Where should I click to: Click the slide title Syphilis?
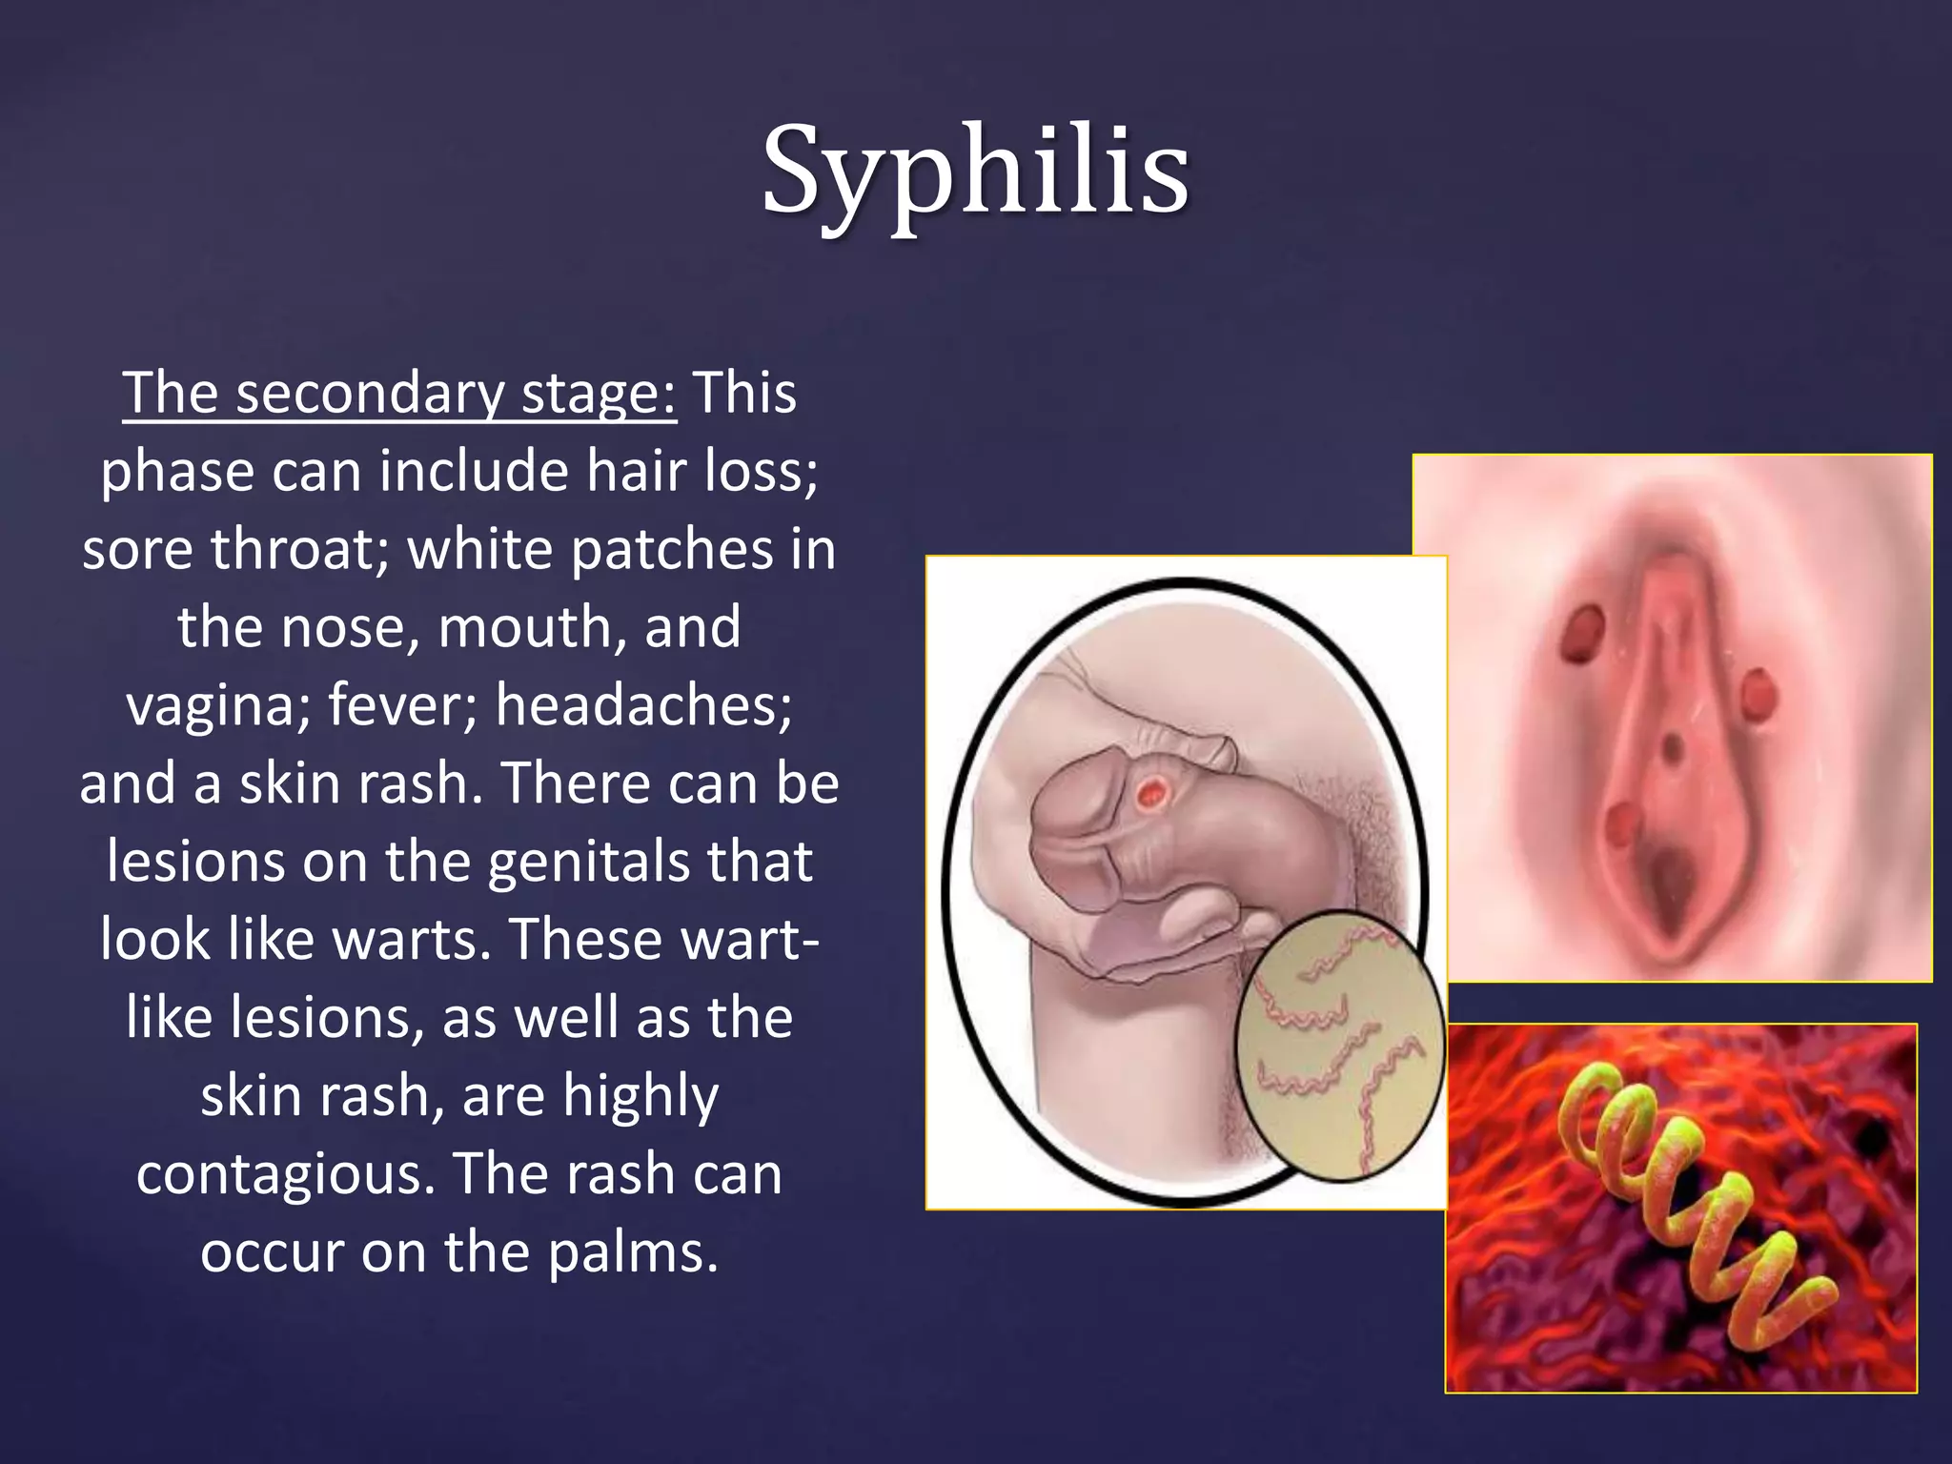coord(975,172)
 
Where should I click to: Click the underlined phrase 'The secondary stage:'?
coord(399,393)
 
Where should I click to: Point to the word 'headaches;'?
coord(643,706)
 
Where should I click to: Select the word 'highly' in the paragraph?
coord(640,1096)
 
